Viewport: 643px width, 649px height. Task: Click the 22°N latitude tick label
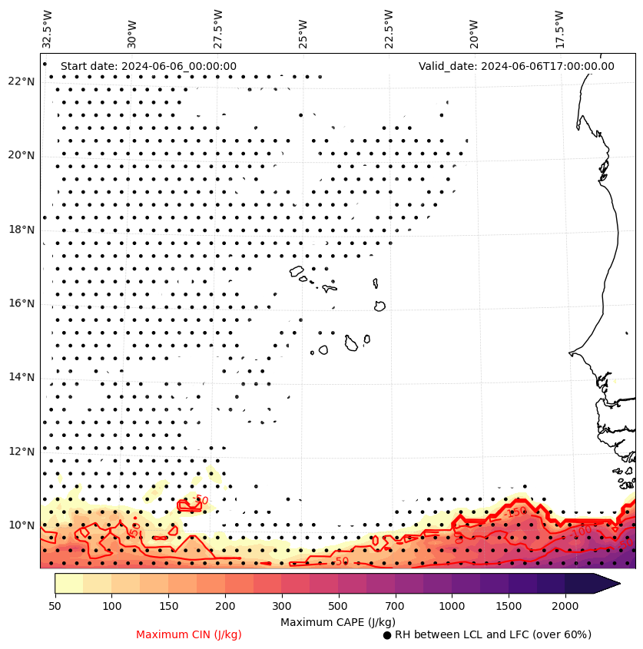click(x=22, y=82)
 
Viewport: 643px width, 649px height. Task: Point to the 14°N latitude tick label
click(x=22, y=377)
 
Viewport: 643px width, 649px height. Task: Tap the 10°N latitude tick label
click(x=22, y=525)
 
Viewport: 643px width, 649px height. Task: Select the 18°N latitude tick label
click(x=22, y=230)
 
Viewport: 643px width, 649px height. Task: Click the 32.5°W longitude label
click(x=48, y=28)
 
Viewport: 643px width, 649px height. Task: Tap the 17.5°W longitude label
click(x=559, y=28)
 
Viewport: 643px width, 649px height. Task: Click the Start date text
click(x=148, y=66)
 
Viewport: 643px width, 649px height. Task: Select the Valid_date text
click(x=516, y=66)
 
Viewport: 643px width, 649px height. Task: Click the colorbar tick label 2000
click(x=565, y=607)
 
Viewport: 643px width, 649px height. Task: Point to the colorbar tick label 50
click(x=55, y=607)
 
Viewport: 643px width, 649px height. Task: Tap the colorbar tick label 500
click(x=338, y=607)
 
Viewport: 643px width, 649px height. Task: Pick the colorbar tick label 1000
click(x=452, y=607)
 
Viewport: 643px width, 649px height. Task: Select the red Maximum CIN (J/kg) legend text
click(x=189, y=634)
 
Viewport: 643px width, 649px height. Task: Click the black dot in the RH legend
click(x=387, y=635)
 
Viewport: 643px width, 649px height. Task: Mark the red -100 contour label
click(x=582, y=531)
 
